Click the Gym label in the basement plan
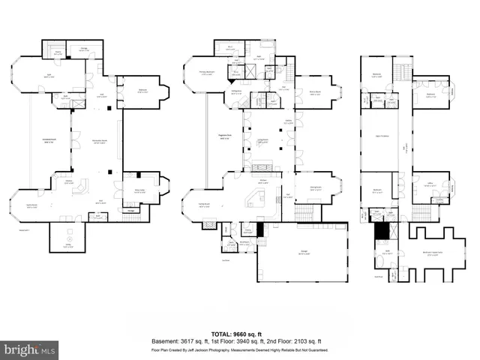51,76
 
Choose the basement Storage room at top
85,50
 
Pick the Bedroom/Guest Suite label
431,253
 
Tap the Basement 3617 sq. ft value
181,340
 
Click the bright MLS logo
30,349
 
